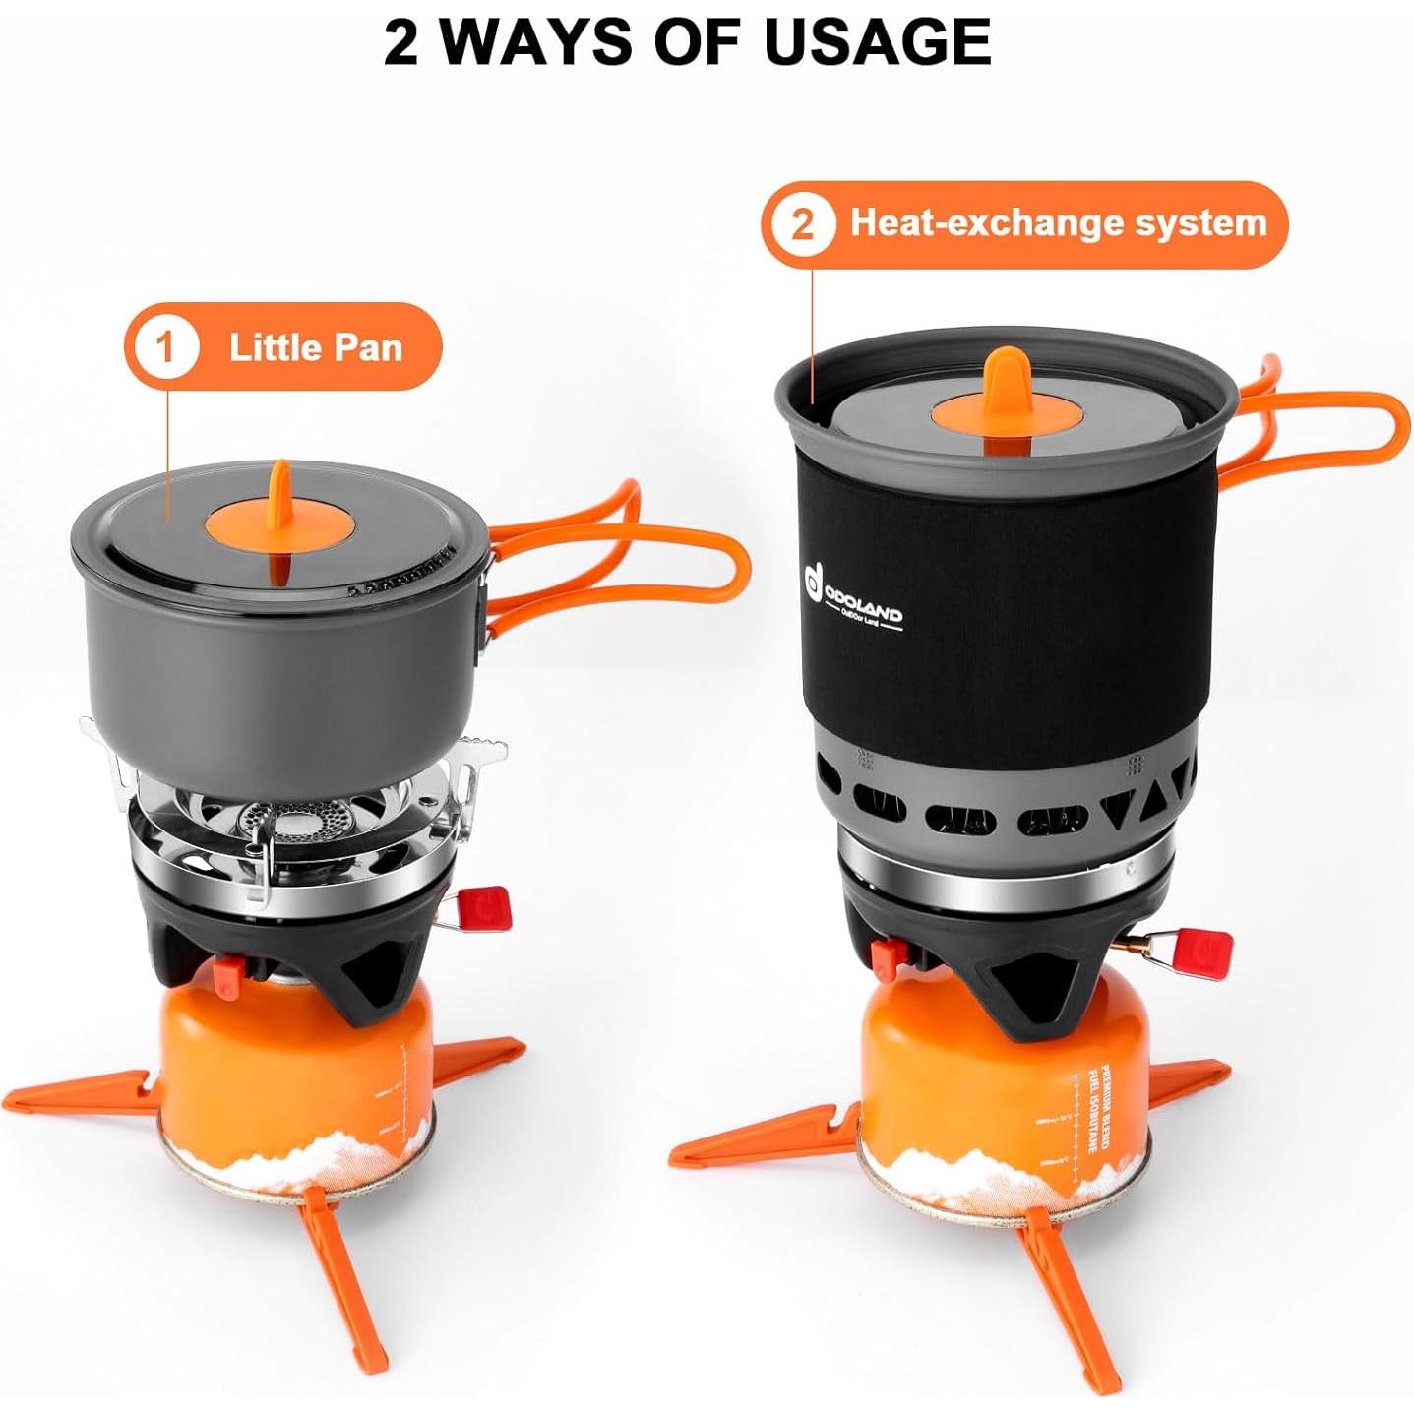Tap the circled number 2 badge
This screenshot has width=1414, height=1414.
tap(802, 224)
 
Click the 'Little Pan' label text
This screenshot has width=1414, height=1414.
tap(316, 347)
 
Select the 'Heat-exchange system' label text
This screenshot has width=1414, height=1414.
tap(1058, 223)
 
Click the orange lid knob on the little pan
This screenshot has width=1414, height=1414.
tap(279, 523)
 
